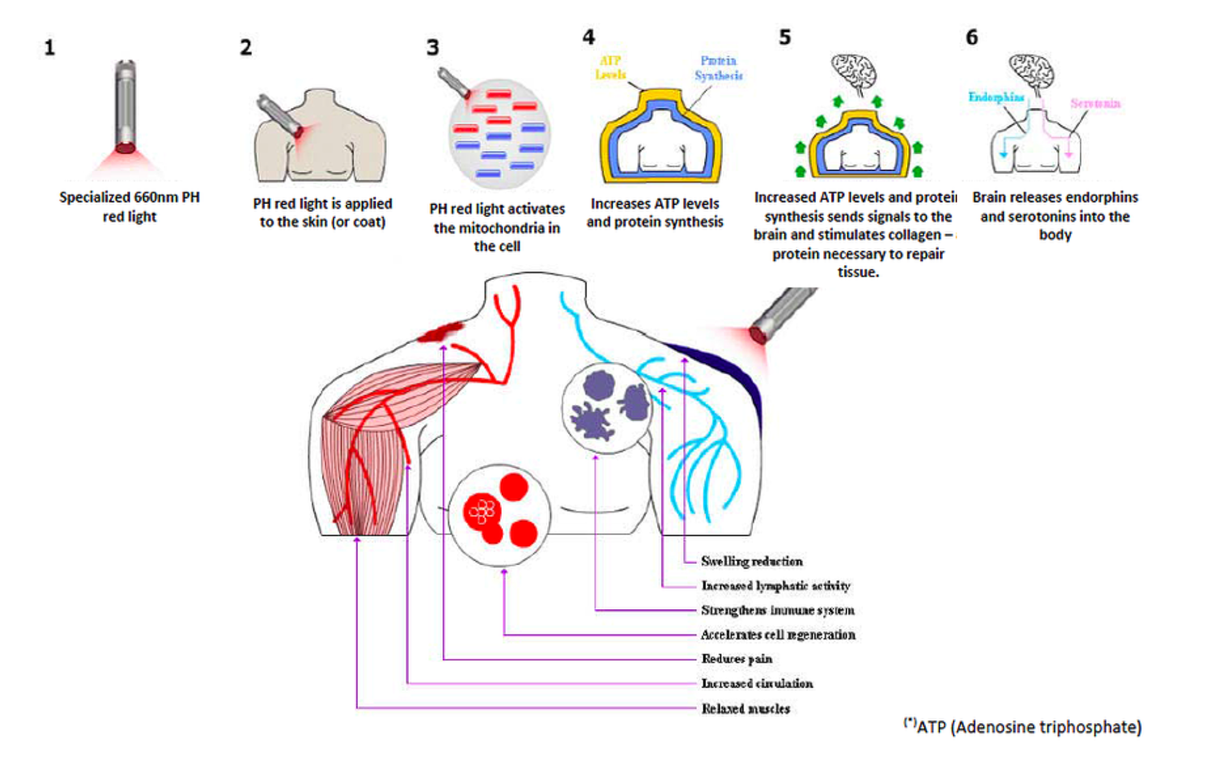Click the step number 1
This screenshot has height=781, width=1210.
tap(49, 48)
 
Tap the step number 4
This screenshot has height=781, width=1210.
tap(589, 37)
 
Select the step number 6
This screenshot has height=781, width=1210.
tap(972, 37)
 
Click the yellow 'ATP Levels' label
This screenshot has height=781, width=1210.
tap(610, 68)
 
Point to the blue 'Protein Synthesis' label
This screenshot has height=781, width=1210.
tap(718, 68)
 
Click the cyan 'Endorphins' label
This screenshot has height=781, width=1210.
tap(996, 97)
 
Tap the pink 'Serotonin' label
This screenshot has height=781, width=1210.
tap(1095, 103)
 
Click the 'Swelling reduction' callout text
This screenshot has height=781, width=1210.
tap(752, 561)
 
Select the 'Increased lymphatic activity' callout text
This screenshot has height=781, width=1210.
tap(776, 586)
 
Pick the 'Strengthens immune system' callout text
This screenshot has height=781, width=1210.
tap(778, 610)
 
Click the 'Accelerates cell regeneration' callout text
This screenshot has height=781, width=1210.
tap(778, 635)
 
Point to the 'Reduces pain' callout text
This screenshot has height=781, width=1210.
tap(737, 659)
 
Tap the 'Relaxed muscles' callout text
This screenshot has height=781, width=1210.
tap(746, 709)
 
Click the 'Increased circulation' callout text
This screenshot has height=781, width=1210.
tap(757, 683)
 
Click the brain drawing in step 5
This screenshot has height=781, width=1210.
tap(854, 72)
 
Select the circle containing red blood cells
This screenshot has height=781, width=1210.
tap(500, 515)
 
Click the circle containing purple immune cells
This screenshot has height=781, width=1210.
tap(606, 408)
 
